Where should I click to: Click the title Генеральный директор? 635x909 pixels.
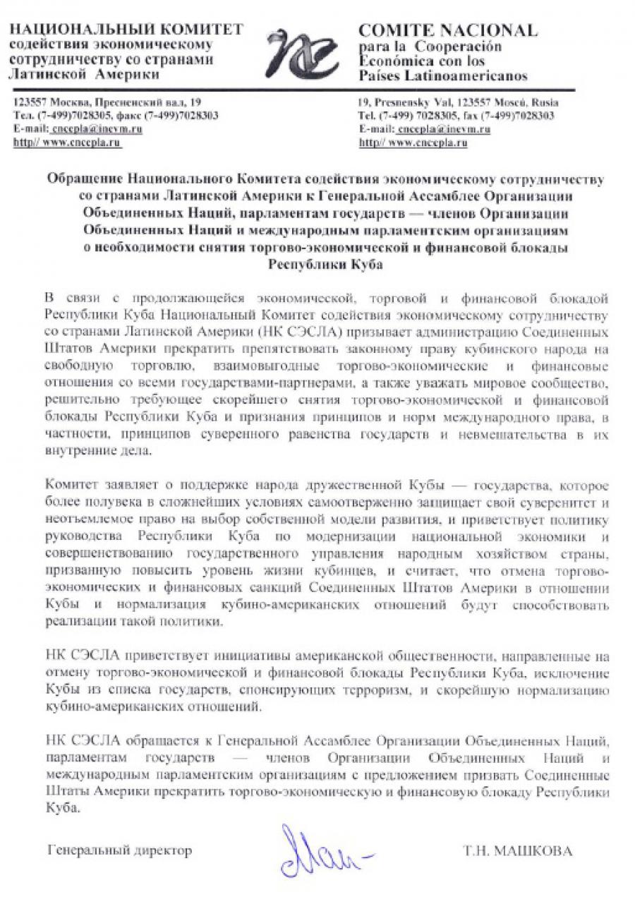tap(119, 850)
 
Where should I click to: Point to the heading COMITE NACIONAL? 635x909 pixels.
tap(448, 30)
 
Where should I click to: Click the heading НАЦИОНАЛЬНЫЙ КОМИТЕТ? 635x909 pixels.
tap(128, 30)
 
